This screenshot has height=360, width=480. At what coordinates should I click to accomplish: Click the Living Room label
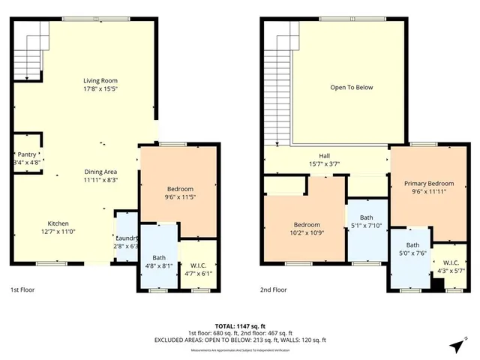pyautogui.click(x=100, y=81)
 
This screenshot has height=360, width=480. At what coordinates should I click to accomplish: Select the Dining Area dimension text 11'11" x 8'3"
pyautogui.click(x=100, y=179)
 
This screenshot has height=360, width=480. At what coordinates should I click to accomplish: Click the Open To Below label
pyautogui.click(x=352, y=88)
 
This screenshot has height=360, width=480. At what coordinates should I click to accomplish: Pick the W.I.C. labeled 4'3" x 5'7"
pyautogui.click(x=450, y=267)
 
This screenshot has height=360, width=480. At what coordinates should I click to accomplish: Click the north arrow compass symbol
pyautogui.click(x=456, y=345)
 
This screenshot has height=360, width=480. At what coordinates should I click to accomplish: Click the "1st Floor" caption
pyautogui.click(x=22, y=289)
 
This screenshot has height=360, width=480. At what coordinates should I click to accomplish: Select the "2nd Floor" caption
pyautogui.click(x=274, y=289)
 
